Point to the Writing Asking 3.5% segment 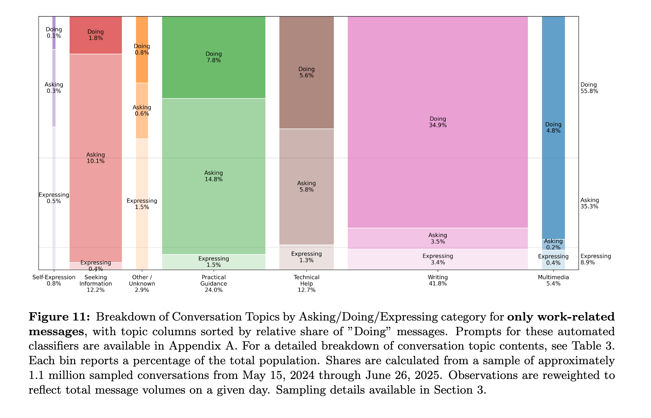point(437,238)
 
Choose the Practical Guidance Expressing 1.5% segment point(214,262)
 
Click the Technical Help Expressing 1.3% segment point(306,257)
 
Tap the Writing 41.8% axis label point(438,280)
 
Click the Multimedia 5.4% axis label point(553,280)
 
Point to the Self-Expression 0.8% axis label point(54,280)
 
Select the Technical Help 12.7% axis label point(306,283)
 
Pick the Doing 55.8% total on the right point(589,88)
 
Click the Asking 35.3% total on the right point(590,203)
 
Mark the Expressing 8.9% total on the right point(595,259)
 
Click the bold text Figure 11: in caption point(59,317)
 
